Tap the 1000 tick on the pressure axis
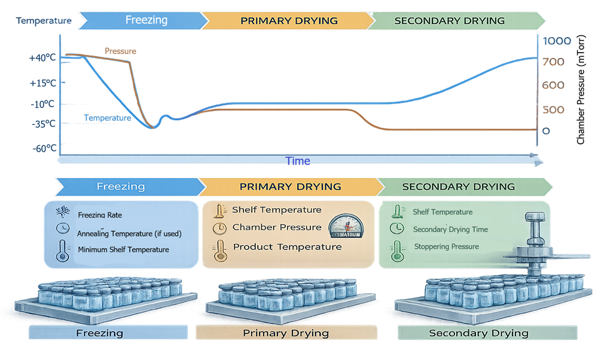(556, 41)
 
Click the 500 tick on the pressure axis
(553, 110)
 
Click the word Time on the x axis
(298, 161)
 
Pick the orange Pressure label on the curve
(120, 51)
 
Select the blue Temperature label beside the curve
(107, 118)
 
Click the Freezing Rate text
(100, 214)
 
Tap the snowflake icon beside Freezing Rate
(62, 213)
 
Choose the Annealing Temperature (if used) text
(129, 233)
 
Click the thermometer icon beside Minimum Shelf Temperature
(62, 251)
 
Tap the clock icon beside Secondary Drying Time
(396, 228)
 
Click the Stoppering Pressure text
(446, 246)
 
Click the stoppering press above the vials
(534, 239)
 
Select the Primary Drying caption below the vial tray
(286, 333)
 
